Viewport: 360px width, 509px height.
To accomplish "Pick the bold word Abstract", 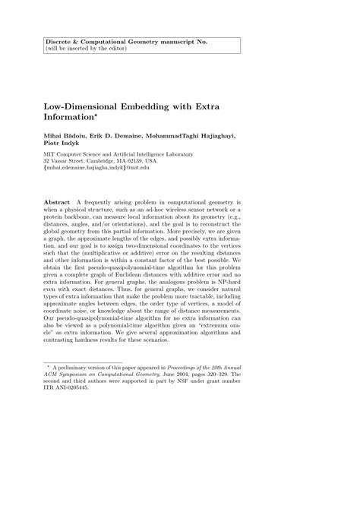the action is pyautogui.click(x=58, y=203).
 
